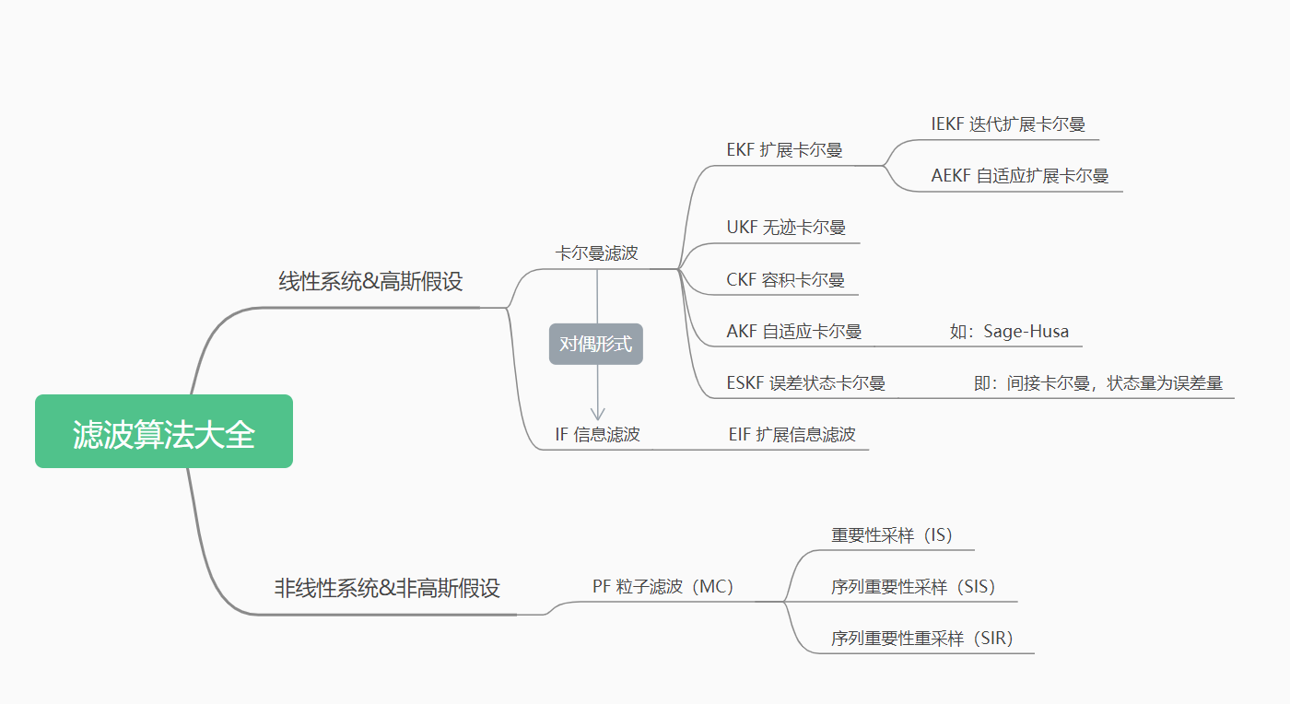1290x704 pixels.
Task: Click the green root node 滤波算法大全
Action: click(164, 432)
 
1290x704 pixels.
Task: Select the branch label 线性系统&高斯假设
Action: click(370, 282)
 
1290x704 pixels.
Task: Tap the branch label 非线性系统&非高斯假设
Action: click(387, 588)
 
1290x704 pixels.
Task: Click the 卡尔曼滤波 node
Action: click(596, 252)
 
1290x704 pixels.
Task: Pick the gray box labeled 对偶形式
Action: click(596, 345)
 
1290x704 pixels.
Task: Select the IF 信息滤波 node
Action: click(597, 435)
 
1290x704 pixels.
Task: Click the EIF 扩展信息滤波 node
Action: click(792, 435)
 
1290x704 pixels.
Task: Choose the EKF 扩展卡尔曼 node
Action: click(784, 150)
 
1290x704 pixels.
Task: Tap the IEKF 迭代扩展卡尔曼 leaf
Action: click(1008, 124)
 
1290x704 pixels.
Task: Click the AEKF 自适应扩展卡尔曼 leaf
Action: click(1019, 176)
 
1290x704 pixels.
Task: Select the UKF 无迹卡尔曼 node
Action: click(786, 228)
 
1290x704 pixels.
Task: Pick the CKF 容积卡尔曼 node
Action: click(785, 279)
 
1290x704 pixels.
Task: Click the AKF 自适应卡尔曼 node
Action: click(793, 332)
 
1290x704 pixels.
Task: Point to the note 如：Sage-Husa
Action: click(1009, 332)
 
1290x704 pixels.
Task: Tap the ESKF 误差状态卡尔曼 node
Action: click(805, 383)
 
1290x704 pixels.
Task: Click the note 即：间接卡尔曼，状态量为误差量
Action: click(1097, 383)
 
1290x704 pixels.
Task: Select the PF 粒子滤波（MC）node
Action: click(663, 587)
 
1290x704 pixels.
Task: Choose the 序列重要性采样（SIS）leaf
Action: click(913, 587)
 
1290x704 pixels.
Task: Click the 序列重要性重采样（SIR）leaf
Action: click(921, 639)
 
